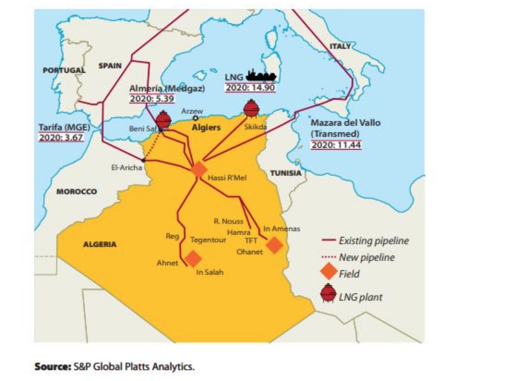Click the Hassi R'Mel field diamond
pos(199,169)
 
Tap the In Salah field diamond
pos(193,259)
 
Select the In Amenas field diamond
pos(274,245)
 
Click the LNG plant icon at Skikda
pos(251,108)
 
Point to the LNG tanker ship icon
pos(261,75)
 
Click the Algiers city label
pos(206,128)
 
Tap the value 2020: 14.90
pos(250,88)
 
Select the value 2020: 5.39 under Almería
pos(151,99)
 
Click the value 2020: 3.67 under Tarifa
pos(61,137)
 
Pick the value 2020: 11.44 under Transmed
pos(336,145)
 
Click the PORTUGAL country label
pos(64,70)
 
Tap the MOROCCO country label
pos(76,192)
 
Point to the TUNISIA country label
pos(285,173)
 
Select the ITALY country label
pos(340,46)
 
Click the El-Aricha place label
pos(126,168)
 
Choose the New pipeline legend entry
pos(366,257)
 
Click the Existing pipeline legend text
pos(374,241)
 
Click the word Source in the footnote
pos(52,367)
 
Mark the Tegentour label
pos(208,240)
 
